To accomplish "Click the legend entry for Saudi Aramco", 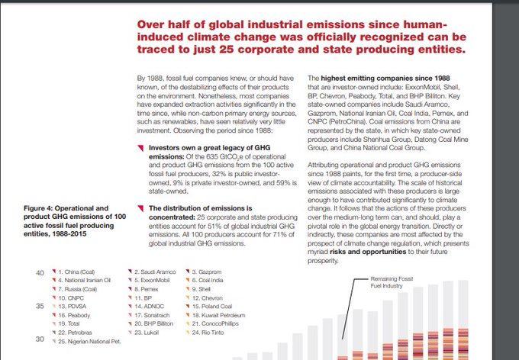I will coord(156,272).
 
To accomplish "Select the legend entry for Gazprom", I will coord(208,272).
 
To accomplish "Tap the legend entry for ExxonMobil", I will coord(154,280).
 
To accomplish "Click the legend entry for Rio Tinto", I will coord(210,332).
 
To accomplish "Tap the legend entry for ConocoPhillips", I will coord(219,323).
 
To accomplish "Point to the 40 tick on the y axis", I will coord(40,272).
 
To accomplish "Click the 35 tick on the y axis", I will coord(40,306).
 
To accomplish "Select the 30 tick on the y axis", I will coord(40,340).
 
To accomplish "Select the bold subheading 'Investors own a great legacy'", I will coord(200,148).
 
